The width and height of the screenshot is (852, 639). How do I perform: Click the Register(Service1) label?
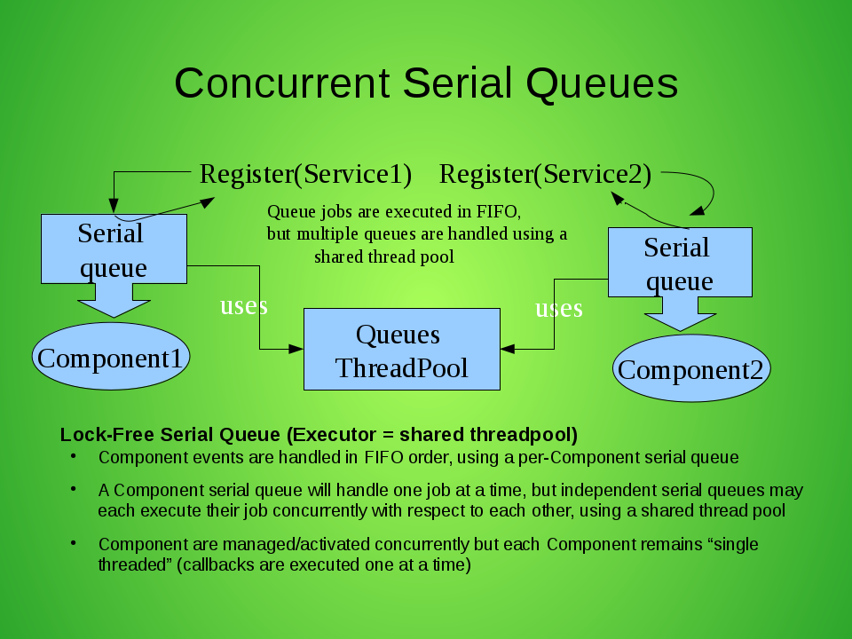click(x=305, y=174)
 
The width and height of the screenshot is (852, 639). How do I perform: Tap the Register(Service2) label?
click(x=545, y=174)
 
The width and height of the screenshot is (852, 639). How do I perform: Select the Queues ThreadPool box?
click(x=401, y=350)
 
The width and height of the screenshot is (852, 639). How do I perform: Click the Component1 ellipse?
click(x=111, y=358)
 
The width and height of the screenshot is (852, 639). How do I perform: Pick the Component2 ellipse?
click(x=690, y=368)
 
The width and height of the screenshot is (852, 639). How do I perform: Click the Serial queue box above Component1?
click(x=114, y=248)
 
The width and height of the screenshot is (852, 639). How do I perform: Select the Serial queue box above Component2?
click(x=679, y=262)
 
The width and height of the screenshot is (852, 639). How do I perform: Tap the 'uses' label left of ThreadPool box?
click(x=243, y=305)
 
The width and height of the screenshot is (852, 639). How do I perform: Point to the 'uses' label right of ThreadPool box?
click(x=558, y=308)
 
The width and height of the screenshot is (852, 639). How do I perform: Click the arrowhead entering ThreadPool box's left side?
click(x=297, y=350)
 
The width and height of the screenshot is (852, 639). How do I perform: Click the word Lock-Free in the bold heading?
click(x=97, y=435)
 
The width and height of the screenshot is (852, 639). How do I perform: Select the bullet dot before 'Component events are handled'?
click(x=75, y=457)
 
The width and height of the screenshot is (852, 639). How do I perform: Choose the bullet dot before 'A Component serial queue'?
click(x=75, y=489)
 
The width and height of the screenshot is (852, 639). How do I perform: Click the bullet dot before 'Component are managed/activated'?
click(x=75, y=543)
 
